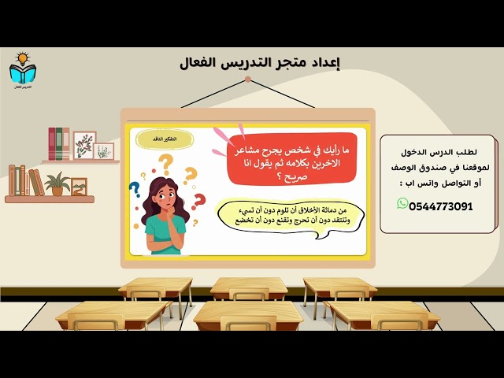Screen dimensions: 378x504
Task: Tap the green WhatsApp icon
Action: point(403,204)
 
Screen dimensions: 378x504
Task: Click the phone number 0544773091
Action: point(441,206)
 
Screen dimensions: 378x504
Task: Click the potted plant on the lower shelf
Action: point(57,183)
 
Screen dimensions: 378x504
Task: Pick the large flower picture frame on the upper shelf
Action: point(84,146)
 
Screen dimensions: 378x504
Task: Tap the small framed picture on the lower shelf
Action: point(79,187)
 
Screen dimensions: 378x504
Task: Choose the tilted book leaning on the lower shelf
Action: point(36,182)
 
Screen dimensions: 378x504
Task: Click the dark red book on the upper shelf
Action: point(52,144)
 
